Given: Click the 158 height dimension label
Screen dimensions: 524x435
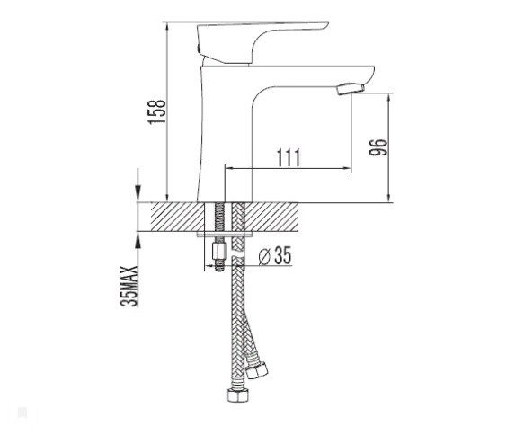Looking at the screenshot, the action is point(157,111).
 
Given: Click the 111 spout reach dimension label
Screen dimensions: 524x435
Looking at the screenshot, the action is point(289,157).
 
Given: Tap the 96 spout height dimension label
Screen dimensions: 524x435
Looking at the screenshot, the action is point(378,146).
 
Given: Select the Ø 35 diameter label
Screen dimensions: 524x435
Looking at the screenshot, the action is point(275,255).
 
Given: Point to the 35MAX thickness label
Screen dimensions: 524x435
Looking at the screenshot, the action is point(129,286).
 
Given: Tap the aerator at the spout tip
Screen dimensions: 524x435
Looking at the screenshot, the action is point(351,89).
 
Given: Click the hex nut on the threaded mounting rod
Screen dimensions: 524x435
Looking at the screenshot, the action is point(219,251).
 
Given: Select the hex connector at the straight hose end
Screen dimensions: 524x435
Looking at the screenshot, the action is point(236,396).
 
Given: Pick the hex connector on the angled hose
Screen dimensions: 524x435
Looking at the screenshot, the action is point(257,369).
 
